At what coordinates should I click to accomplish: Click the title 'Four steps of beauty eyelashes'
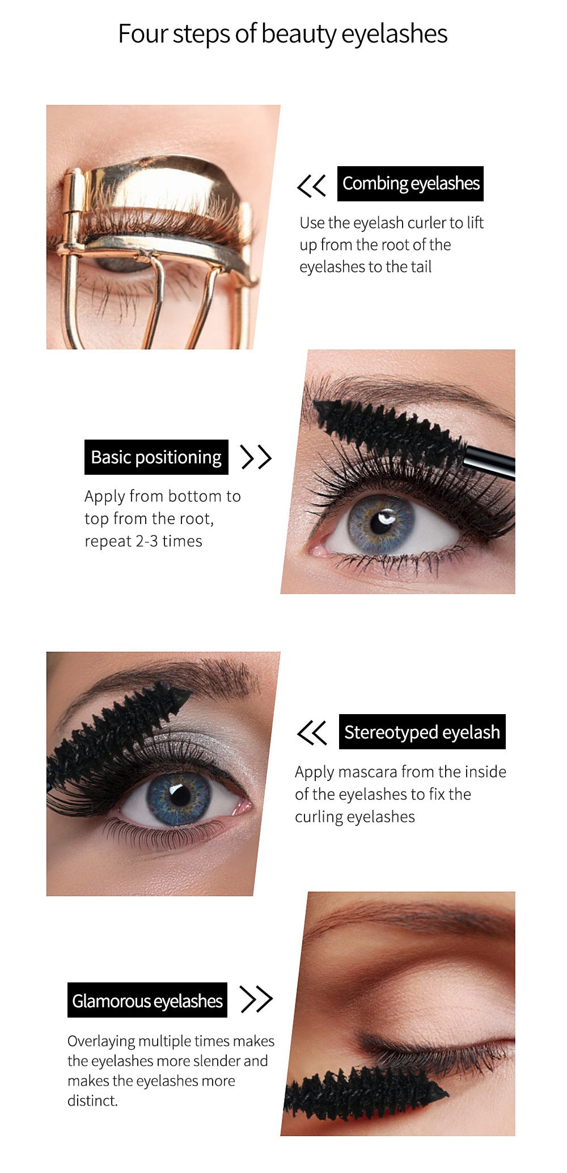click(282, 34)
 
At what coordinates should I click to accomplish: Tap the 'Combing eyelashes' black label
click(411, 184)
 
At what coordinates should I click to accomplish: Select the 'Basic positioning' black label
click(156, 457)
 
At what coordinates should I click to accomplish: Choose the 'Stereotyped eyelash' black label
click(422, 732)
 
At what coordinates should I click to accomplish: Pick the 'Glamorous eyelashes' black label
click(147, 1000)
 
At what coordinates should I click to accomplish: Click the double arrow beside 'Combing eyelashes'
click(312, 185)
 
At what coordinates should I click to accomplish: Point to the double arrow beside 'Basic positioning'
click(256, 457)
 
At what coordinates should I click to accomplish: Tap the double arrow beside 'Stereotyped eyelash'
click(312, 732)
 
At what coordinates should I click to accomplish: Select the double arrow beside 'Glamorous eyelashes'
click(257, 999)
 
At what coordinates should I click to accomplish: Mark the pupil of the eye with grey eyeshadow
click(180, 795)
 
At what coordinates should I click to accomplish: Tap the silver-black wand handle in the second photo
click(489, 461)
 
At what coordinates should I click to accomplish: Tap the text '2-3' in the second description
click(147, 541)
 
